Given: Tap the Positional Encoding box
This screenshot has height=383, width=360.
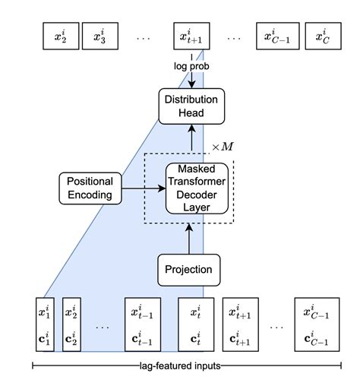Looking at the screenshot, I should pos(90,188).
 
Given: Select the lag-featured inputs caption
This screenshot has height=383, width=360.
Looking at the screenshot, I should pos(180,366).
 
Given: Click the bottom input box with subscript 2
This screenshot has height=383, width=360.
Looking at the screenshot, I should pos(73,324).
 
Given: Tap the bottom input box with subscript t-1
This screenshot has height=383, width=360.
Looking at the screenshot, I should pos(144,324).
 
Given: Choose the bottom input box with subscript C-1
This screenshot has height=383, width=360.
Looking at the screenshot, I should pos(314,324).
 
